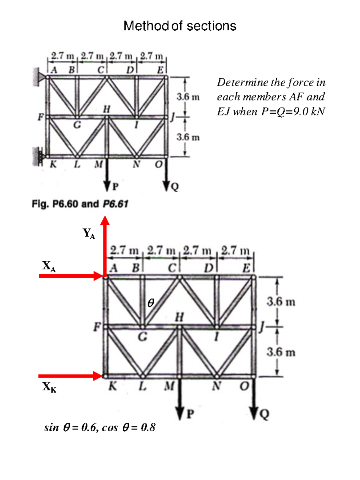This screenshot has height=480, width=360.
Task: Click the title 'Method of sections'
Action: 180,26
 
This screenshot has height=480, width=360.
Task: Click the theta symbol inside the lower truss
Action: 151,303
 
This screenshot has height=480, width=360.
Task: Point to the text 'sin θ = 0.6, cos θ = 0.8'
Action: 100,427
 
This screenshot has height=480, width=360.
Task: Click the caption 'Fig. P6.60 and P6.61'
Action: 80,204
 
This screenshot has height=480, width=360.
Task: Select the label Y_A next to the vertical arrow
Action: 89,233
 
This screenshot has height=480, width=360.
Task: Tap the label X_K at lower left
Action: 49,387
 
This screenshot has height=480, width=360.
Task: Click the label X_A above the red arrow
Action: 49,266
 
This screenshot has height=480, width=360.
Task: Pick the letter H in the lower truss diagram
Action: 179,317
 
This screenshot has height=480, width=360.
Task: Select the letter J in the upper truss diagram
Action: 172,117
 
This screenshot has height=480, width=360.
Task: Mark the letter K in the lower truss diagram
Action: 112,386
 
